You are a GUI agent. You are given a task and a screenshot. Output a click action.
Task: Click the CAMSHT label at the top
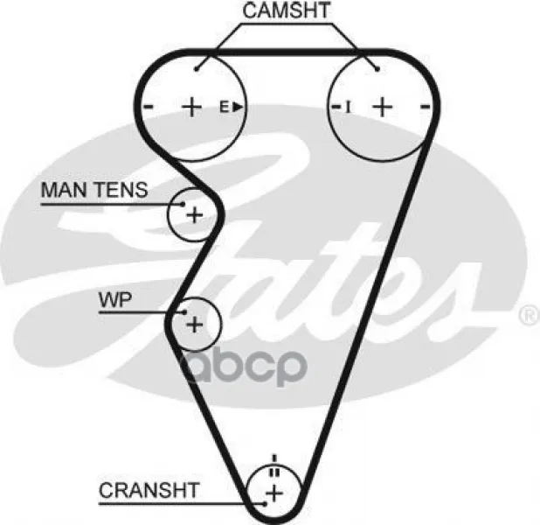point(287,10)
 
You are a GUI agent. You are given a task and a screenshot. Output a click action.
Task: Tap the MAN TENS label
point(94,190)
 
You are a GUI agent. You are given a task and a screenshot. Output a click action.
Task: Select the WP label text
point(115,300)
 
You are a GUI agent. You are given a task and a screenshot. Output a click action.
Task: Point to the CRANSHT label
point(149,490)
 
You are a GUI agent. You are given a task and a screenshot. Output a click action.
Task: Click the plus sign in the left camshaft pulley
point(191,107)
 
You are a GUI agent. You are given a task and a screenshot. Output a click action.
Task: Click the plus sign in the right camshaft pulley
point(383,107)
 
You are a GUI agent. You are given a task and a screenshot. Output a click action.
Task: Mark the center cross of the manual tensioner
point(195,215)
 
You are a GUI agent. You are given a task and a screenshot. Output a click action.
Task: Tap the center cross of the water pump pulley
point(195,325)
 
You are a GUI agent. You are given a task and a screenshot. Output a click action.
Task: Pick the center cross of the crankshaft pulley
point(274,493)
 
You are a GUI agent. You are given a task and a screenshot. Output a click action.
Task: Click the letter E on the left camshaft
point(225,107)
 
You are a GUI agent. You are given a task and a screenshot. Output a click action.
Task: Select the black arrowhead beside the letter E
point(238,107)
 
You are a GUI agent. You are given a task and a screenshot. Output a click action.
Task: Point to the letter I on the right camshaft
point(348,107)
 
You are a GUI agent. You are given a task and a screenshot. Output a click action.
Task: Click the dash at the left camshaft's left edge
point(149,106)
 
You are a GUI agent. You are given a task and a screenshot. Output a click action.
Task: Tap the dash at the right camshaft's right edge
point(426,106)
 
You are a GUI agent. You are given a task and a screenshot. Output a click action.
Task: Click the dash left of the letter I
point(336,106)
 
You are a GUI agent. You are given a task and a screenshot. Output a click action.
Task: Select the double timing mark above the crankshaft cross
point(274,472)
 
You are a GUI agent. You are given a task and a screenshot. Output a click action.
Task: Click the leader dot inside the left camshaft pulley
point(197,69)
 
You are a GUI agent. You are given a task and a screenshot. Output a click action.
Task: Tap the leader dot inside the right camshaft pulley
point(377,69)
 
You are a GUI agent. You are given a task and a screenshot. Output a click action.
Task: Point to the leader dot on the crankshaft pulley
point(265,504)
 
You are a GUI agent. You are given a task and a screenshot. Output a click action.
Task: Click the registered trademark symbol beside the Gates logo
point(529,315)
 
